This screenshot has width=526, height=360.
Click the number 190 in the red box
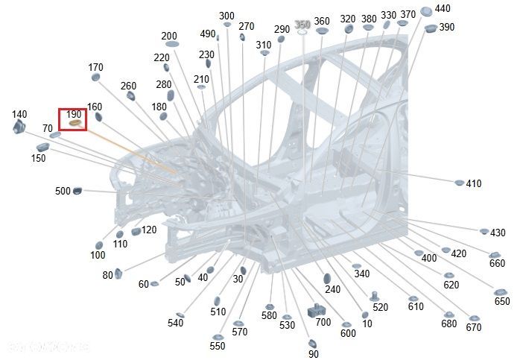74,114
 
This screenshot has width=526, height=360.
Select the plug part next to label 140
19,127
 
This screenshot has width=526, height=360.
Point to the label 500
63,192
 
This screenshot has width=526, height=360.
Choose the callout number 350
302,25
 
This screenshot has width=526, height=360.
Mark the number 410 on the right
474,183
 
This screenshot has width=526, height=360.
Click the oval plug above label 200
171,45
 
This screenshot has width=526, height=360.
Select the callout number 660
497,263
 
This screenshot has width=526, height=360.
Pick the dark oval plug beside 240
326,279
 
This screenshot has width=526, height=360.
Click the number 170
96,68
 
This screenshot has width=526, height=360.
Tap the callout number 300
227,16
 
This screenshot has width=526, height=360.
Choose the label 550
217,347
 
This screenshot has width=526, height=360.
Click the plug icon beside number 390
431,29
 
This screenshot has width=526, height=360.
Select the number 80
107,275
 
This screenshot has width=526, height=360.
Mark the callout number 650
502,301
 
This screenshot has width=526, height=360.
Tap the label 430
498,233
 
